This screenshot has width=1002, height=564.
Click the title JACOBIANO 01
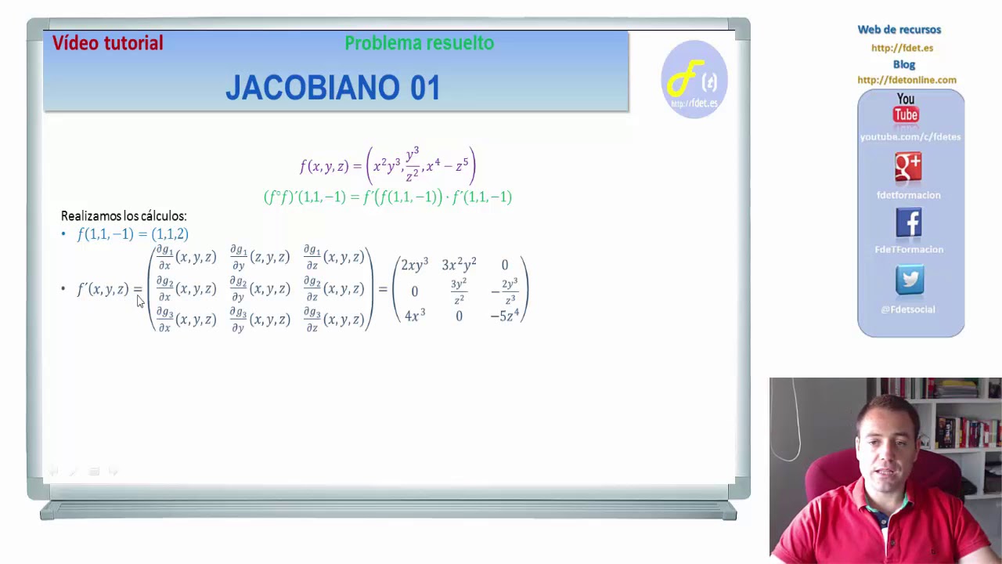pyautogui.click(x=333, y=88)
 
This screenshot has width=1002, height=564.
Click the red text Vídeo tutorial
pyautogui.click(x=108, y=43)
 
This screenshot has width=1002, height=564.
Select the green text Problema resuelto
pyautogui.click(x=419, y=43)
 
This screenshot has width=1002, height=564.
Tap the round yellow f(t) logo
pyautogui.click(x=694, y=79)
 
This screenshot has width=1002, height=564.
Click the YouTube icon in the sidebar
pyautogui.click(x=906, y=108)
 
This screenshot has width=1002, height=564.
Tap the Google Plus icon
pyautogui.click(x=909, y=167)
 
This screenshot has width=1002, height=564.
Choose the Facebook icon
pyautogui.click(x=909, y=223)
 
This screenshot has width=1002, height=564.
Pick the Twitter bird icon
pyautogui.click(x=910, y=280)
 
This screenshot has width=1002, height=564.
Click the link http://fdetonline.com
pyautogui.click(x=906, y=80)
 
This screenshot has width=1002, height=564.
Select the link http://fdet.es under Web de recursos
pyautogui.click(x=902, y=48)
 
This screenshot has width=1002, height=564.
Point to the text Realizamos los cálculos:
pyautogui.click(x=124, y=216)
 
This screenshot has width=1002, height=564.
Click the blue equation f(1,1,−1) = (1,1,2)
pyautogui.click(x=132, y=234)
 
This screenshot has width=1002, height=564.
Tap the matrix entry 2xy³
pyautogui.click(x=414, y=266)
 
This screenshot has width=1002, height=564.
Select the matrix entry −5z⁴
pyautogui.click(x=505, y=316)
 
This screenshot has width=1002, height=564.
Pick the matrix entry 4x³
pyautogui.click(x=414, y=316)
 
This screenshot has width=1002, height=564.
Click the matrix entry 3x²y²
pyautogui.click(x=459, y=266)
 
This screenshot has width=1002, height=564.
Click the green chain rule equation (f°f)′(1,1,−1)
pyautogui.click(x=387, y=197)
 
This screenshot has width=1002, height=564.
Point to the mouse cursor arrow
pyautogui.click(x=140, y=302)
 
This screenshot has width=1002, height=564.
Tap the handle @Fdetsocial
pyautogui.click(x=908, y=309)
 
